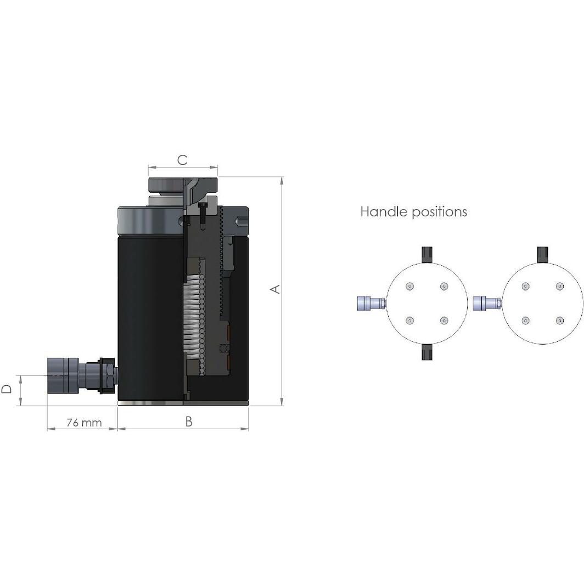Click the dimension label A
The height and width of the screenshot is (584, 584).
click(x=276, y=289)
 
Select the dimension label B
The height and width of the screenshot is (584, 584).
click(x=189, y=422)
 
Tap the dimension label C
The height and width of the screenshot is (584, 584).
click(x=182, y=160)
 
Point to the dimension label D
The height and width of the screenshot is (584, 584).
click(x=7, y=389)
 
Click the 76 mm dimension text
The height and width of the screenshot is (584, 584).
click(x=84, y=423)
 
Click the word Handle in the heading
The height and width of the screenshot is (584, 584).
click(x=384, y=211)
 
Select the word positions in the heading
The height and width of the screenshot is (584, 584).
click(x=440, y=212)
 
